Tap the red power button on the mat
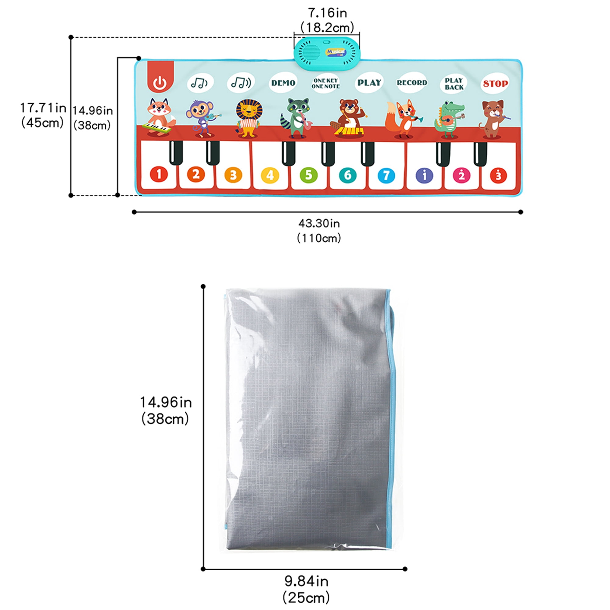[x=160, y=83]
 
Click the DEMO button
[x=283, y=83]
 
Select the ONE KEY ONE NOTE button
[x=325, y=83]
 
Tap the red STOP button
[x=495, y=84]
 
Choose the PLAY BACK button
[x=454, y=84]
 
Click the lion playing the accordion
[x=249, y=118]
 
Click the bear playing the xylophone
[x=350, y=118]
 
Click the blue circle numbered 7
[x=386, y=175]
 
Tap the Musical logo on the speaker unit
[x=335, y=53]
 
